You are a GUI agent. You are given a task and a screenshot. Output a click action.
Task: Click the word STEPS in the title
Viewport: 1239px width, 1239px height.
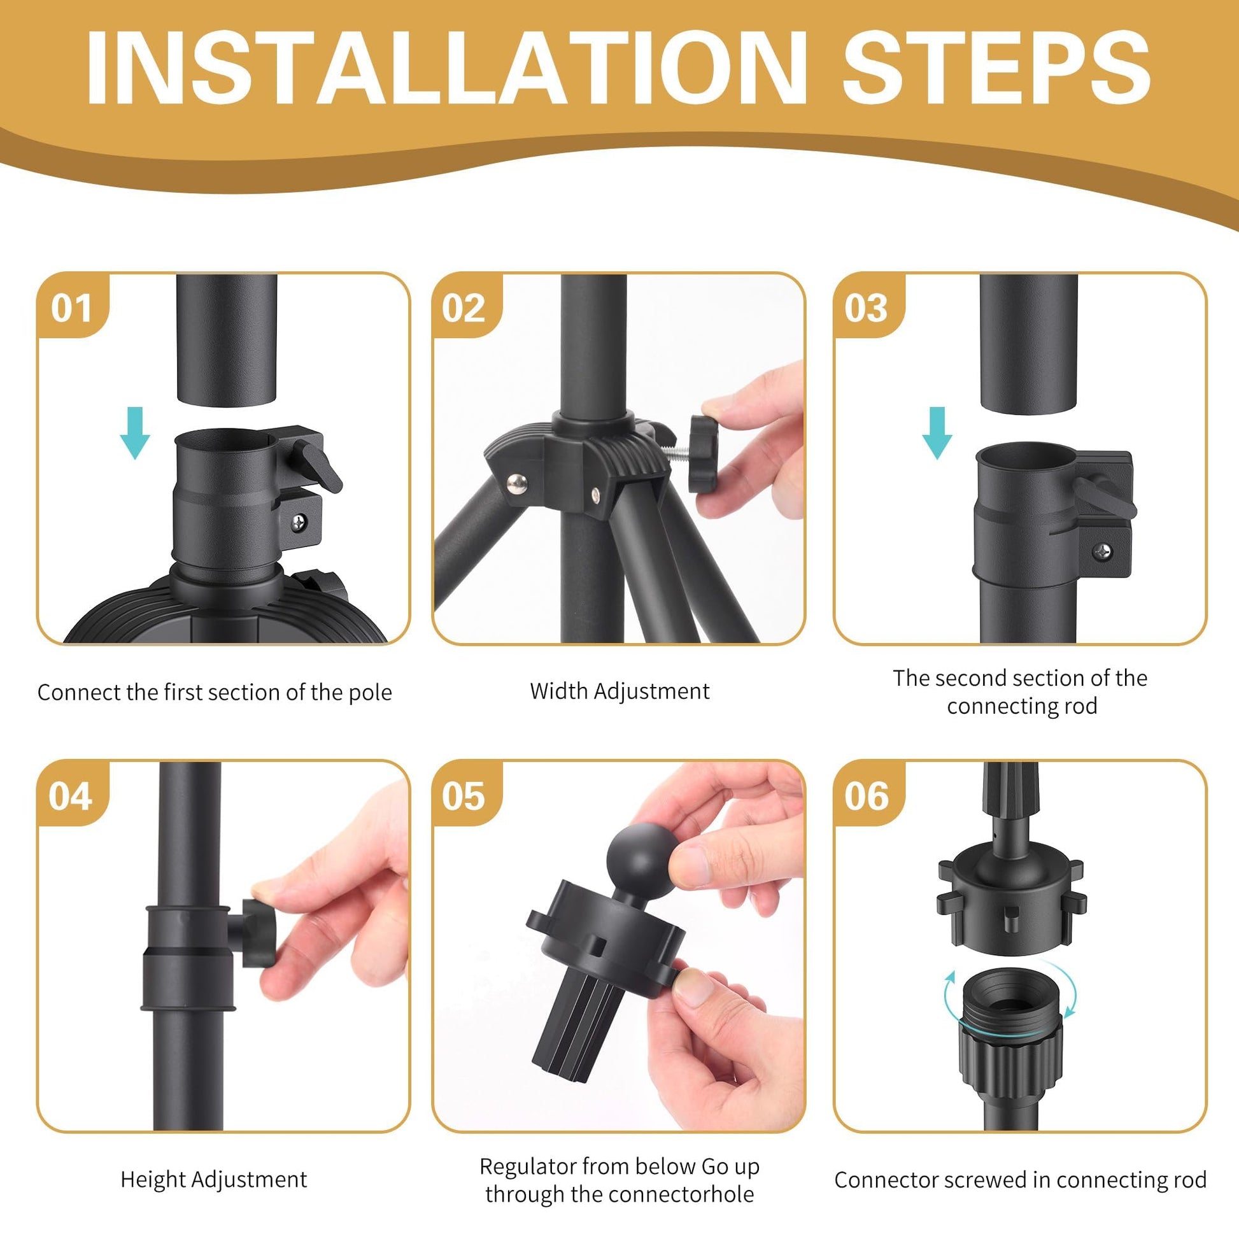tap(996, 67)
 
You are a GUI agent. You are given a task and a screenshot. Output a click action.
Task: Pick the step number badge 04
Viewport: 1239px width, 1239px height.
tap(71, 796)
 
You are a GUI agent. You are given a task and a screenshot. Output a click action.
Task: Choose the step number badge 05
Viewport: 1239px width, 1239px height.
tap(463, 796)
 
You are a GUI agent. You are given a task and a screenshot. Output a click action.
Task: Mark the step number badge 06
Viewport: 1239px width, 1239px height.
tap(867, 796)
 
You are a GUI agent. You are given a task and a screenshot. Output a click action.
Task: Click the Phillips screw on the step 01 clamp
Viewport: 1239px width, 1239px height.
tap(299, 523)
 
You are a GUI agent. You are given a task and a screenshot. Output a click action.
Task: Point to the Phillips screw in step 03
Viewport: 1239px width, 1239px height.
tap(1102, 551)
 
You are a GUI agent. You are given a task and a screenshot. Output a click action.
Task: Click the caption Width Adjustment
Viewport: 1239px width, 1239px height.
tap(619, 691)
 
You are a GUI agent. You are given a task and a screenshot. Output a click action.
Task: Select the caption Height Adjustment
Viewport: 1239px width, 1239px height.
tap(214, 1179)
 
